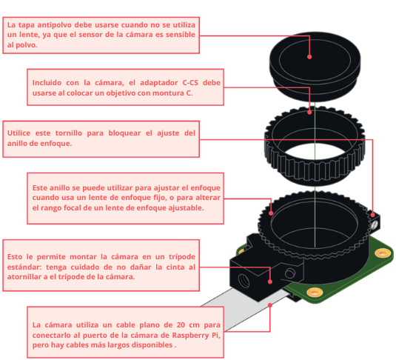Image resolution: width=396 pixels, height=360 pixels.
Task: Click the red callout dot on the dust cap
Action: point(309,56)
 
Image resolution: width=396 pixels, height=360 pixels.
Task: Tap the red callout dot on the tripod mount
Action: point(271,281)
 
